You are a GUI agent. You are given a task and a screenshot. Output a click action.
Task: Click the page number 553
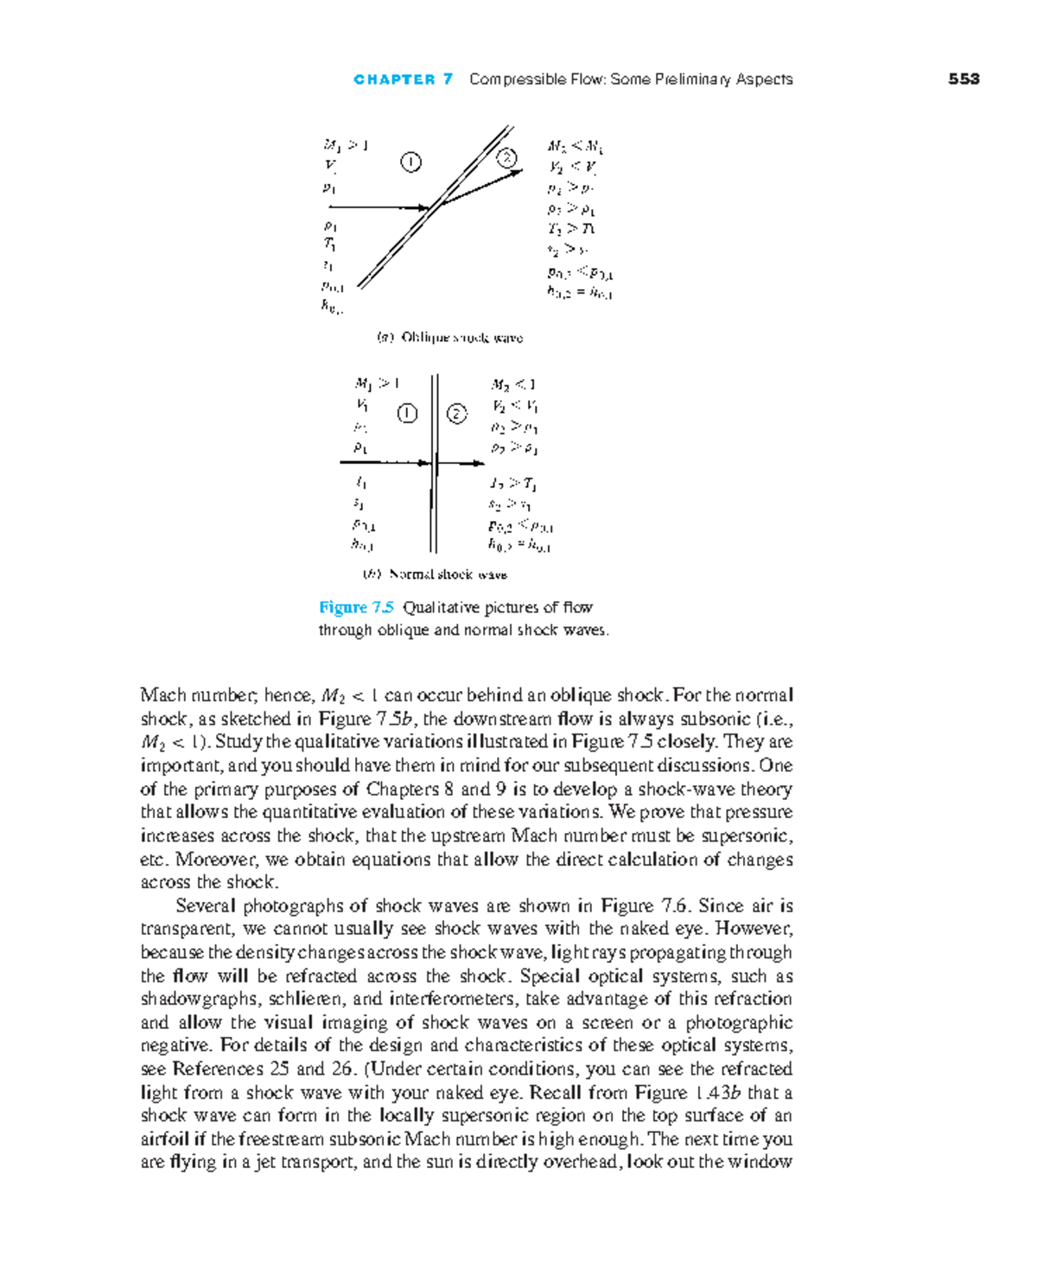[x=964, y=79]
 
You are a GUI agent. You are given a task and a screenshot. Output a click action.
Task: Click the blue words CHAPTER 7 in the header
[x=403, y=79]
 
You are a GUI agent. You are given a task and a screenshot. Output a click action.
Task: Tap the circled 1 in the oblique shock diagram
[x=411, y=162]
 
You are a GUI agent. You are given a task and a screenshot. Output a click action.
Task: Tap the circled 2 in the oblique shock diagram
[x=506, y=157]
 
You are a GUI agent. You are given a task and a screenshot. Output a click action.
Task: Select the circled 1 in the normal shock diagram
[x=407, y=414]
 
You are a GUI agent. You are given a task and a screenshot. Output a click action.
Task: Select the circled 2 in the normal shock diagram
[x=456, y=414]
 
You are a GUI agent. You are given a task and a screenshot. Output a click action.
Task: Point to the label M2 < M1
[x=576, y=146]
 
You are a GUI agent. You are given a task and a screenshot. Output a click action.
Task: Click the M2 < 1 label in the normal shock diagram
[x=513, y=384]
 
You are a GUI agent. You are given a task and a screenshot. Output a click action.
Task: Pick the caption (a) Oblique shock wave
[x=449, y=338]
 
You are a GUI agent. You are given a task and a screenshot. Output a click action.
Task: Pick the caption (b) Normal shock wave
[x=434, y=575]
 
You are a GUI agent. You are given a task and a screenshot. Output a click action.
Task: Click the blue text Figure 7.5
[x=356, y=607]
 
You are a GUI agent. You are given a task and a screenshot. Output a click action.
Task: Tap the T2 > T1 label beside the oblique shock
[x=571, y=229]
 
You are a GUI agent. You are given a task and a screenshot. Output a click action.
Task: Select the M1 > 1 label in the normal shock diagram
[x=376, y=383]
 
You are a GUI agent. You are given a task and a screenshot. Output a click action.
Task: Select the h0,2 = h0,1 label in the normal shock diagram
[x=518, y=546]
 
